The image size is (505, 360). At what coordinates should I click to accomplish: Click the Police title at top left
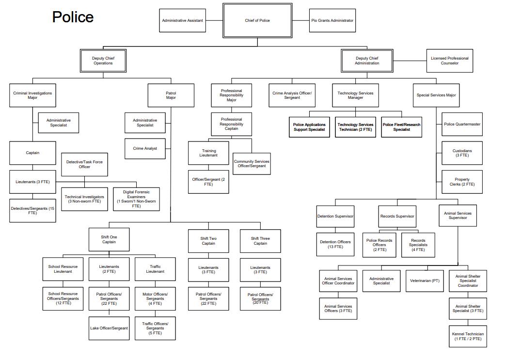(73, 17)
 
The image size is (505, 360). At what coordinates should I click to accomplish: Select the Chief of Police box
(257, 20)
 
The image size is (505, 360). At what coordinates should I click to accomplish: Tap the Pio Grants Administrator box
(332, 20)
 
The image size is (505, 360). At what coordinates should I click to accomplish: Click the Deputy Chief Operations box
(103, 61)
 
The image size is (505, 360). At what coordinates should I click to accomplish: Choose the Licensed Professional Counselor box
(449, 61)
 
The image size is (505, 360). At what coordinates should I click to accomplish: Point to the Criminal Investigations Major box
(32, 95)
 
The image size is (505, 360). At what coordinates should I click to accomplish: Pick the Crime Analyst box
(145, 148)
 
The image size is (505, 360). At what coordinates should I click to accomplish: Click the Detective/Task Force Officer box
(84, 164)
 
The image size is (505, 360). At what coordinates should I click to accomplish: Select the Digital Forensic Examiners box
(136, 199)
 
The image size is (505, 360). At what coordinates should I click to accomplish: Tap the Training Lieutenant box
(208, 153)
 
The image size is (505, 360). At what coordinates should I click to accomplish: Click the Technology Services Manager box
(355, 95)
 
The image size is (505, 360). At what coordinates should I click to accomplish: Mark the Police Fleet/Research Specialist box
(401, 127)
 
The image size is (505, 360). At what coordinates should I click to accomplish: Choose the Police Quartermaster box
(462, 124)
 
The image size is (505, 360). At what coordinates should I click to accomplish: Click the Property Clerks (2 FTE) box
(462, 182)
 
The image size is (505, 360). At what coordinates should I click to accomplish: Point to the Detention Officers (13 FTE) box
(335, 244)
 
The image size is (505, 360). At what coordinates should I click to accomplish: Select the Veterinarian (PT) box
(425, 281)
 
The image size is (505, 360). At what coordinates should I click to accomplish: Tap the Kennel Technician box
(468, 336)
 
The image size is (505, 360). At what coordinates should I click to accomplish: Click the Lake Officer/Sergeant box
(109, 328)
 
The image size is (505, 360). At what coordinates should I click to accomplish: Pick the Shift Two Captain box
(208, 241)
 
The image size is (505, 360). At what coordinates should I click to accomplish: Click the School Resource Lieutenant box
(63, 269)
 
